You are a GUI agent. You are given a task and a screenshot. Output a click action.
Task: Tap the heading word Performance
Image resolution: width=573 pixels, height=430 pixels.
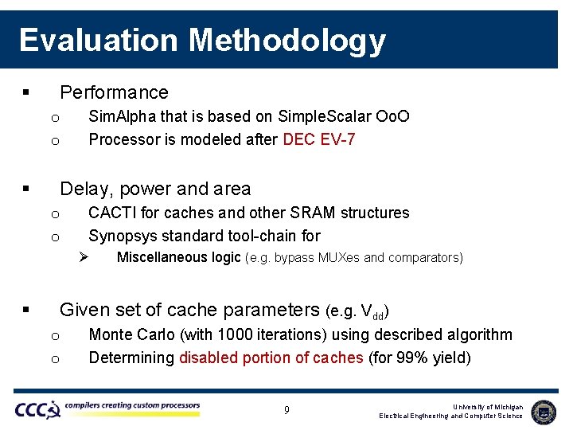[x=114, y=92]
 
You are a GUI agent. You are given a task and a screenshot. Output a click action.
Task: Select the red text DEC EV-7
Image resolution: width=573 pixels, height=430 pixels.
[x=319, y=140]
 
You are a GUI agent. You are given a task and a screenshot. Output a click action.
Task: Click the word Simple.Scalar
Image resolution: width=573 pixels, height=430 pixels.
[x=322, y=117]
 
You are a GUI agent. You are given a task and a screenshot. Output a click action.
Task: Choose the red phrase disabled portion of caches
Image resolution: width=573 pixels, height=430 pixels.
[x=271, y=358]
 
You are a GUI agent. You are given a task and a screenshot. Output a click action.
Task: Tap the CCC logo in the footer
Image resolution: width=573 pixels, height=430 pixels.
[x=37, y=410]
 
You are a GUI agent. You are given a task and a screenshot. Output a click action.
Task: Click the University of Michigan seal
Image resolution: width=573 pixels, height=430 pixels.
[x=544, y=411]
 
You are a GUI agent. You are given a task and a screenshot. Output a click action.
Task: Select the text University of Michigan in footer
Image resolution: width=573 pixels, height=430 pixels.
[x=488, y=407]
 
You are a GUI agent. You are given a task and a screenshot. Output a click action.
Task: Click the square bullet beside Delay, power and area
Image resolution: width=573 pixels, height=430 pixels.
[x=26, y=190]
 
